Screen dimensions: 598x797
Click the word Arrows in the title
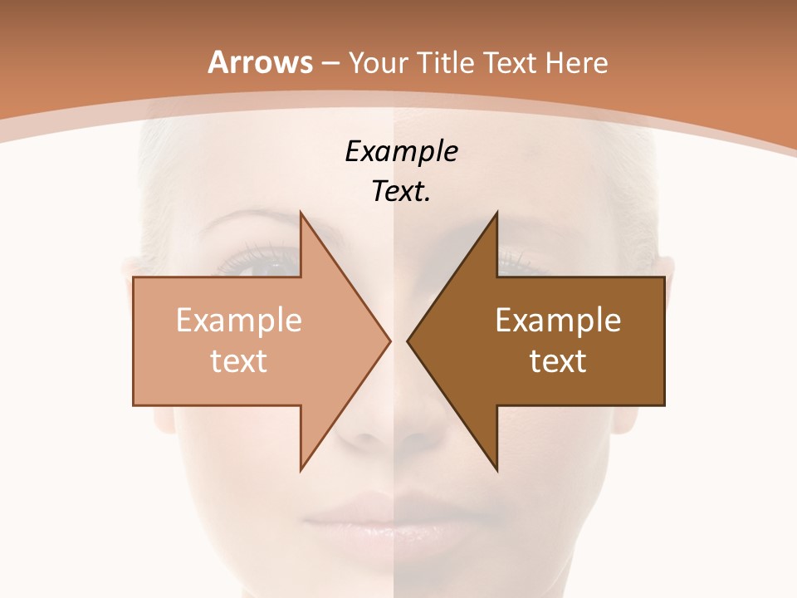261,62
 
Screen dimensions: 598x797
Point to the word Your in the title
378,62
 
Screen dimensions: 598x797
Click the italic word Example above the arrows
401,152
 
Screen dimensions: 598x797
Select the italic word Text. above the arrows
401,192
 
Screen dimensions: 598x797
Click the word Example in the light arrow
239,320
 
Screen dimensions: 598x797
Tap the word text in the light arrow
239,360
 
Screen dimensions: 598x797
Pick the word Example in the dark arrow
558,320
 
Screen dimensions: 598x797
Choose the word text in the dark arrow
558,360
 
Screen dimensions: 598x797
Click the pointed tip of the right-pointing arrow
389,341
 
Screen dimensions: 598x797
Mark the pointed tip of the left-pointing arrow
408,341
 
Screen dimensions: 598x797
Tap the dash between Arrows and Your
330,63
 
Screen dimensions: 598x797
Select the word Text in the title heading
509,62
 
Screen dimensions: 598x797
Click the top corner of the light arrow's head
301,213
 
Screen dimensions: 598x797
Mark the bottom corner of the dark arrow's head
496,469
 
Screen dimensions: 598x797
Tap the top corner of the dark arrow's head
496,213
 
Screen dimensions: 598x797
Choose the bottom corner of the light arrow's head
301,469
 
